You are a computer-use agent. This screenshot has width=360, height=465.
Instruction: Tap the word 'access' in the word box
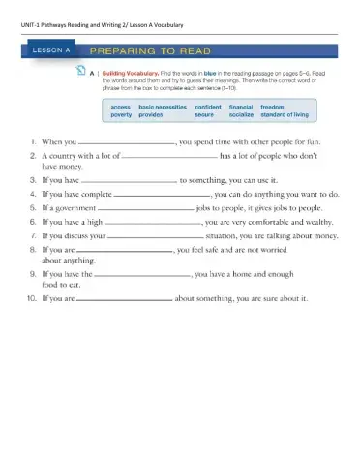click(121, 105)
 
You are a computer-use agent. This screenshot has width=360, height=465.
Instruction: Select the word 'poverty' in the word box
click(122, 114)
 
